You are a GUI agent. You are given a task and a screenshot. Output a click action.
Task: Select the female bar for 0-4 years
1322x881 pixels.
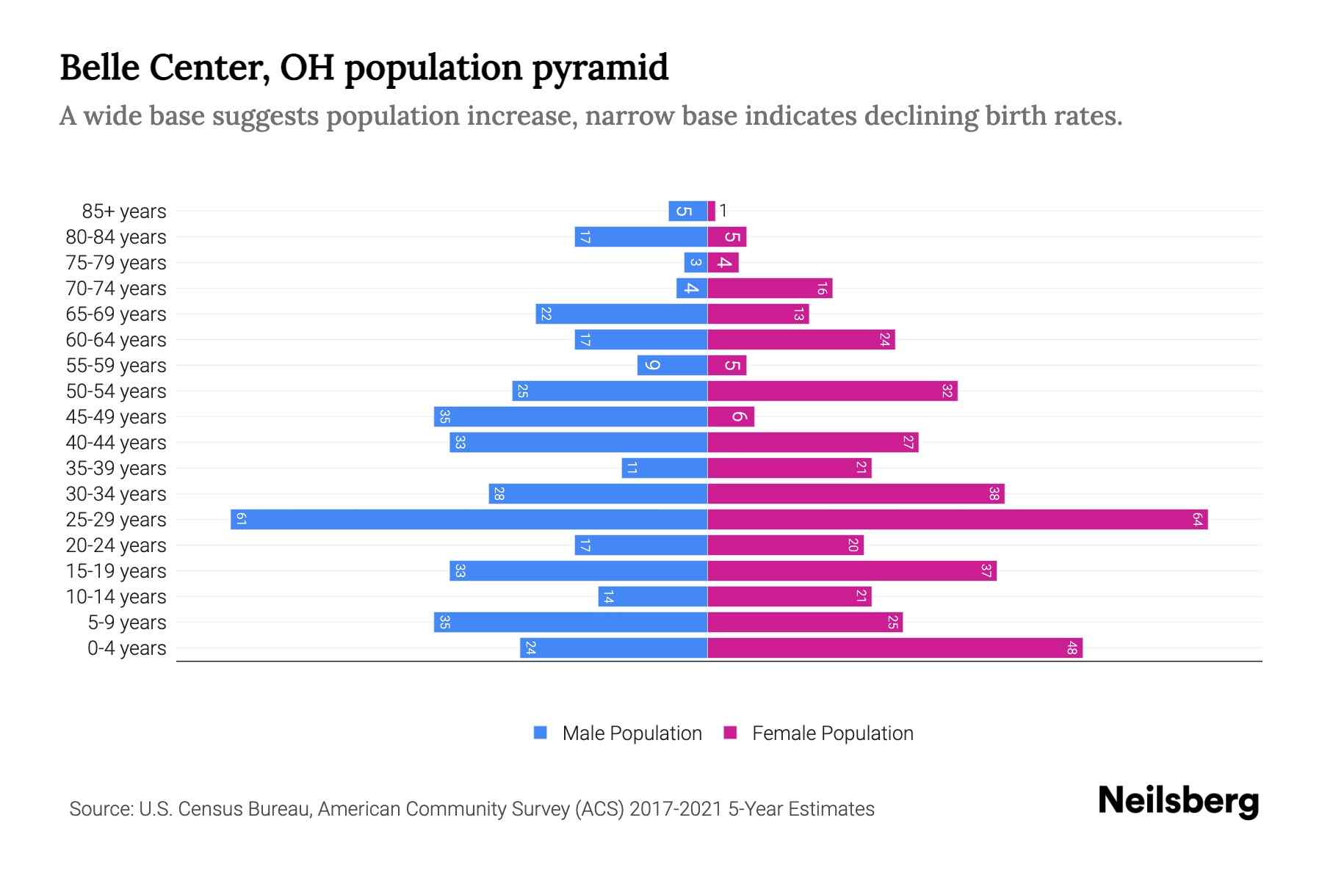(895, 648)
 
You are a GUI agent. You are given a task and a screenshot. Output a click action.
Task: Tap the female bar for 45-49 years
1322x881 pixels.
(731, 417)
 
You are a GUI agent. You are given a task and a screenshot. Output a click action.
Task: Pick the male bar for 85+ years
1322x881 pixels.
(687, 211)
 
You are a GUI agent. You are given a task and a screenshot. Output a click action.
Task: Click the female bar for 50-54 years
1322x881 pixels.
(832, 391)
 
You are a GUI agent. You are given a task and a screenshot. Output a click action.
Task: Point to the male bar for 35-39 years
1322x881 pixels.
(664, 468)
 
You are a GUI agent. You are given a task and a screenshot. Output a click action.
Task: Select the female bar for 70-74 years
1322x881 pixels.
(770, 289)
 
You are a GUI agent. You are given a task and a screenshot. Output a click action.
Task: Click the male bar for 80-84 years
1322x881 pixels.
(640, 237)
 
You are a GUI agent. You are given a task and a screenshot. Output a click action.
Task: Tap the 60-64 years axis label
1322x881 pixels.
(116, 340)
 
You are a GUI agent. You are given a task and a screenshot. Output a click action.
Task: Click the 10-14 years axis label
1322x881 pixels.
(116, 597)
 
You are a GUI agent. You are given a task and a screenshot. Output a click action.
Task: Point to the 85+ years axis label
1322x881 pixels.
(124, 211)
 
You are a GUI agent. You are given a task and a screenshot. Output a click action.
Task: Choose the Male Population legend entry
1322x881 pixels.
(618, 733)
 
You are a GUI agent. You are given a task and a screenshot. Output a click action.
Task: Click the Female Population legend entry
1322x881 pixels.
(818, 733)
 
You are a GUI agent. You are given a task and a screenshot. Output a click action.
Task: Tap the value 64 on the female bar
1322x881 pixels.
(1197, 520)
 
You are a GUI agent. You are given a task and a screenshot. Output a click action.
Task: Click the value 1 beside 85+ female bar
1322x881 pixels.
(723, 211)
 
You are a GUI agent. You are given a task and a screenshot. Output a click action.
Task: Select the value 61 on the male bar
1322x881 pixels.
(241, 520)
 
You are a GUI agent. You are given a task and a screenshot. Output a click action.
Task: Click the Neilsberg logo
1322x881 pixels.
(1178, 801)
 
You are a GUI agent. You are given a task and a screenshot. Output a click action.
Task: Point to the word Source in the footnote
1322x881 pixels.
(101, 809)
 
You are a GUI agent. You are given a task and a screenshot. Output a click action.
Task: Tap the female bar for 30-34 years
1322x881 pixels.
(856, 494)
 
